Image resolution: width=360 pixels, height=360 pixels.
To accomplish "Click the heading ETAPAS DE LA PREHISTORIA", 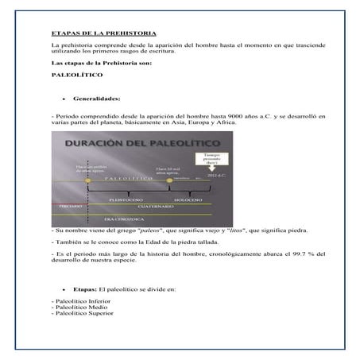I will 99,35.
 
